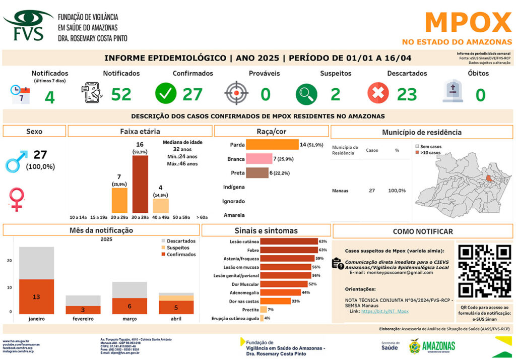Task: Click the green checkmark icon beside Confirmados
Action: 165,93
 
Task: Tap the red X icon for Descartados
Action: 378,93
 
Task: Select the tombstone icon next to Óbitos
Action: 453,92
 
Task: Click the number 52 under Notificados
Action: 121,94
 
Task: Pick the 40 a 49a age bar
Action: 161,206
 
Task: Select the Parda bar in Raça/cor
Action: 272,145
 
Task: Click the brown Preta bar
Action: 257,173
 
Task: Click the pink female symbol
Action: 17,199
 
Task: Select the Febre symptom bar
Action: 289,250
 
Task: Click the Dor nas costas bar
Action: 275,301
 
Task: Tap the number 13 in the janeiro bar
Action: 36,297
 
